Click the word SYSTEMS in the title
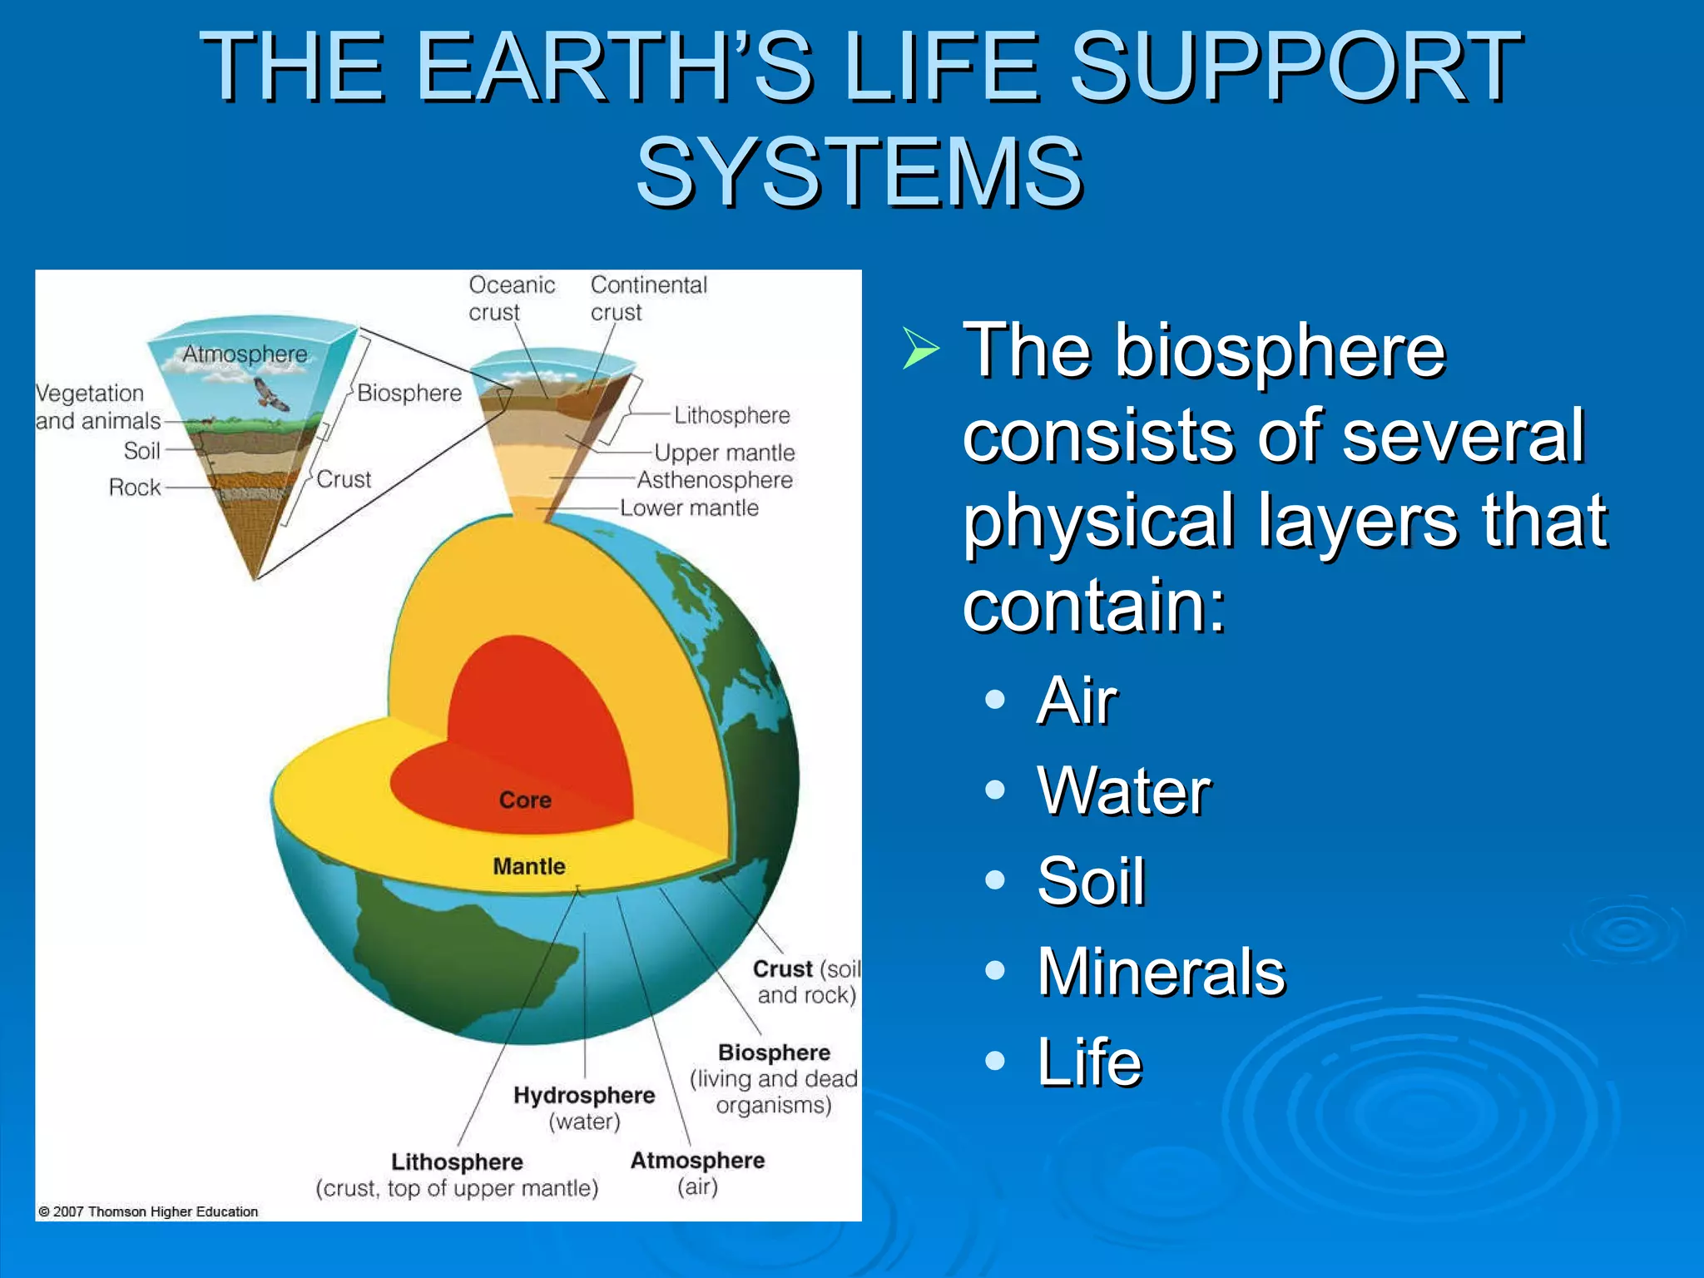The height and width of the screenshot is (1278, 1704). pyautogui.click(x=859, y=172)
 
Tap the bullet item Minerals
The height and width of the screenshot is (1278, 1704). pyautogui.click(x=1161, y=972)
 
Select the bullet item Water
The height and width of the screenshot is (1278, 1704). pyautogui.click(x=1123, y=791)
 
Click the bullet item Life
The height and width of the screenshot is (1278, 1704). pyautogui.click(x=1089, y=1063)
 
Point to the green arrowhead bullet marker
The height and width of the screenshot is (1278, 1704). pyautogui.click(x=920, y=349)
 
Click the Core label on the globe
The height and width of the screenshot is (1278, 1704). pyautogui.click(x=525, y=800)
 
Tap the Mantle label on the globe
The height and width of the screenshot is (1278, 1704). pyautogui.click(x=528, y=867)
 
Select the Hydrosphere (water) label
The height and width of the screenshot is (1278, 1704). pyautogui.click(x=584, y=1107)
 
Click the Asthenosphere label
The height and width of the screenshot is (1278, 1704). pyautogui.click(x=714, y=480)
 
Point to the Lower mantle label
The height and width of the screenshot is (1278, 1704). pyautogui.click(x=689, y=508)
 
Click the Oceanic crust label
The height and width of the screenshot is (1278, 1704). pyautogui.click(x=511, y=298)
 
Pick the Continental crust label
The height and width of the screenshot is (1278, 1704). pyautogui.click(x=648, y=298)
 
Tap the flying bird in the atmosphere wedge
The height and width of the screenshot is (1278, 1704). pyautogui.click(x=270, y=394)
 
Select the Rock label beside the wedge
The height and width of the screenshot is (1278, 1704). pyautogui.click(x=134, y=488)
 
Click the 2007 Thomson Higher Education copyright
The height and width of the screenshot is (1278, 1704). pyautogui.click(x=148, y=1211)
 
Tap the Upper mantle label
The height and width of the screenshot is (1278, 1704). pyautogui.click(x=724, y=453)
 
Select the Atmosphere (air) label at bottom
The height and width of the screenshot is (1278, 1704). pyautogui.click(x=697, y=1172)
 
